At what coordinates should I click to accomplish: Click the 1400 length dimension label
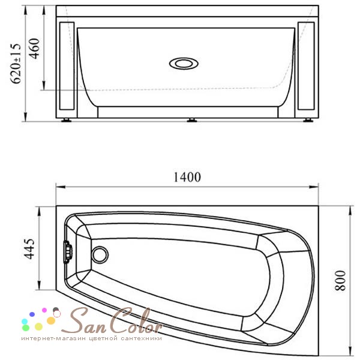[x=187, y=177]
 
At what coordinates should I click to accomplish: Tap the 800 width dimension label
[x=340, y=281]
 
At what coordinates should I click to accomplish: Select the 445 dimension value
[x=29, y=249]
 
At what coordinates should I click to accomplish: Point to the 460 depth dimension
[x=34, y=49]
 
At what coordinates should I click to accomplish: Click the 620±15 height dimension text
[x=16, y=64]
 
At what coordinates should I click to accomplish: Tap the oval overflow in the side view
[x=184, y=64]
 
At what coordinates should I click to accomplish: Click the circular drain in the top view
[x=100, y=255]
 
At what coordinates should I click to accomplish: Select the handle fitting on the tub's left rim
[x=68, y=252]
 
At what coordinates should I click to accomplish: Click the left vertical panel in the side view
[x=67, y=66]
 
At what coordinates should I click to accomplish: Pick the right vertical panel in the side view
[x=306, y=66]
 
